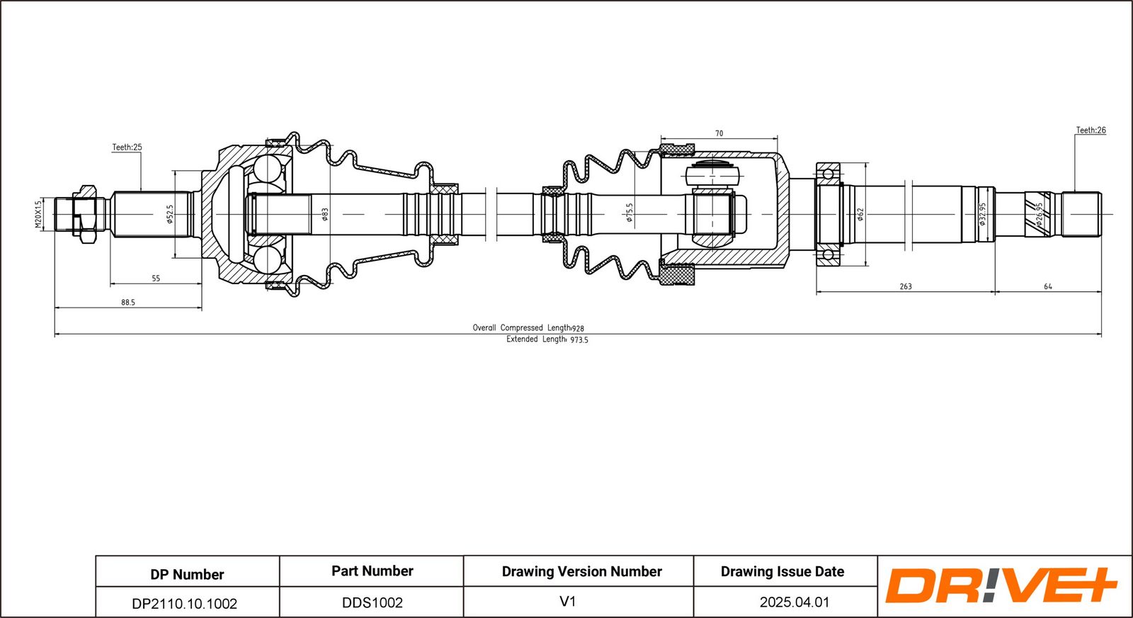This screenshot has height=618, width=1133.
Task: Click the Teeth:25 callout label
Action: point(127,147)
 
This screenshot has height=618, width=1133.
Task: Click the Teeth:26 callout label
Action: point(1091,130)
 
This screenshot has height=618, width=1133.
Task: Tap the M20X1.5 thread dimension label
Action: point(39,213)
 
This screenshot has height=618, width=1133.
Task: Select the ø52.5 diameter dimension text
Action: point(170,214)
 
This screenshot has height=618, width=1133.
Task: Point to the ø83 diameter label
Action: point(325,214)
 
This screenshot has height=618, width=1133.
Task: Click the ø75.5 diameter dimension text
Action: point(629,213)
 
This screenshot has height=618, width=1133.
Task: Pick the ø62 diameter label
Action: point(860,214)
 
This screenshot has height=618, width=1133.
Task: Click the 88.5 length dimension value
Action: point(127,303)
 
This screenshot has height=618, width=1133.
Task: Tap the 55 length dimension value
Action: point(156,279)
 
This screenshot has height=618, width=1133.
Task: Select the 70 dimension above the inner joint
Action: point(719,133)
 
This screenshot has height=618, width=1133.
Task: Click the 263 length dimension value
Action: point(906,287)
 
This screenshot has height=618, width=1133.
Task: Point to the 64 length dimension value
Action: point(1048,287)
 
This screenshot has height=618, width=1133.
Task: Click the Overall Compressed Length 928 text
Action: point(528,328)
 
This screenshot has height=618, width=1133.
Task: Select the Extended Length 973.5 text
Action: point(547,339)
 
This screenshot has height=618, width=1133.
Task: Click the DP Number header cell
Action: point(187,574)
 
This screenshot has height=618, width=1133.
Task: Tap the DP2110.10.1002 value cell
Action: point(185,604)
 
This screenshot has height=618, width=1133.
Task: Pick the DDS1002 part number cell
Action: point(372,603)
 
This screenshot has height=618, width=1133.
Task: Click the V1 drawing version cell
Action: point(567,602)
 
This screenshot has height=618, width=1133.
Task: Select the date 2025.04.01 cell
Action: point(795,602)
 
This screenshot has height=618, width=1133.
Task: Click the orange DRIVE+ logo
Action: point(1001,585)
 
